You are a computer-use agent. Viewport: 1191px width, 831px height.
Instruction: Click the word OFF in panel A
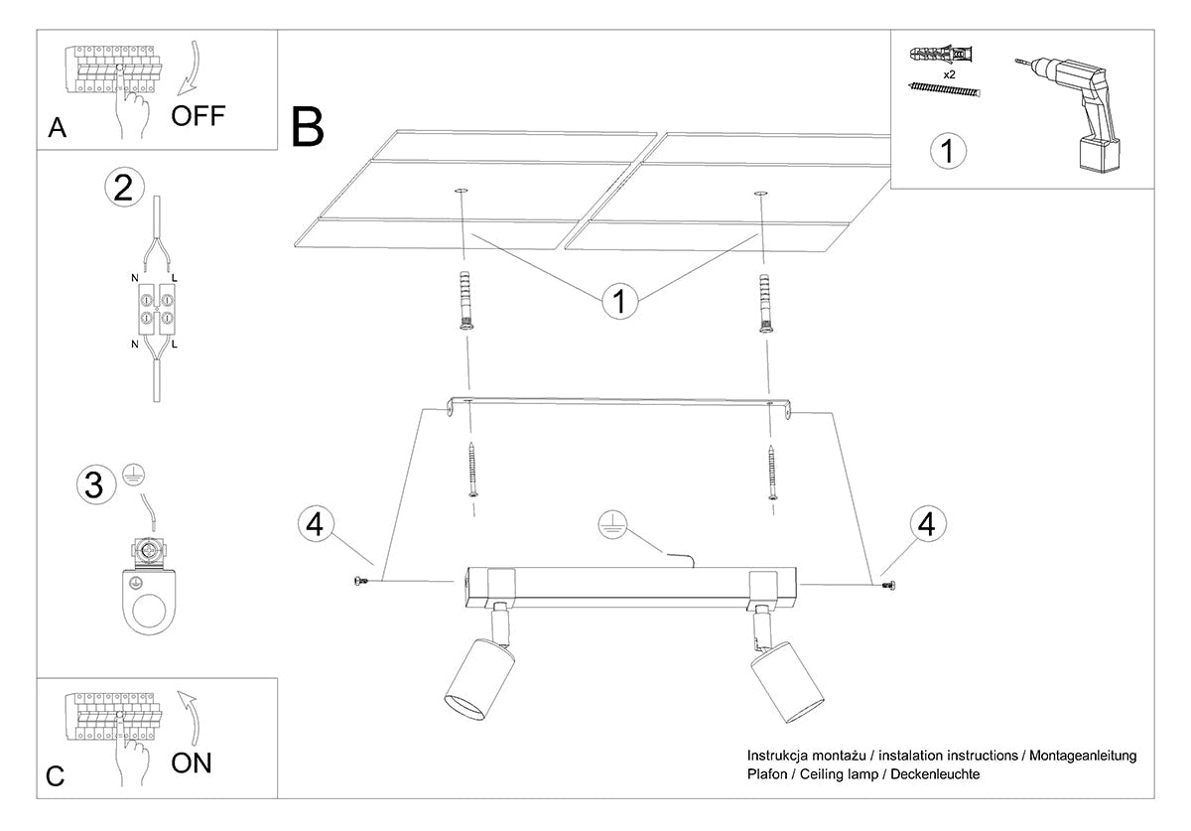[x=198, y=115]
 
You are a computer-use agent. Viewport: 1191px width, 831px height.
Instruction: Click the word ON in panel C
[x=192, y=762]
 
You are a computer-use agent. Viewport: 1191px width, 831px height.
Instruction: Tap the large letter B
[x=308, y=127]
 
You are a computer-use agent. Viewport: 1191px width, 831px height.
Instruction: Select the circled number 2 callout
[x=124, y=188]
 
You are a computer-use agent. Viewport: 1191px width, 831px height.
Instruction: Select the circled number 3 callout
[x=96, y=485]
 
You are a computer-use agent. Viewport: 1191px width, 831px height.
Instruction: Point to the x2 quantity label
[x=949, y=75]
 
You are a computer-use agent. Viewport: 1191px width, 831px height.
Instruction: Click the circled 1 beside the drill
[x=948, y=151]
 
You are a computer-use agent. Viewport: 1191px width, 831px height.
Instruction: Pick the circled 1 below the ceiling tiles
[x=619, y=301]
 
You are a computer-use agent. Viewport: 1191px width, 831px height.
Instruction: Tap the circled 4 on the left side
[x=316, y=524]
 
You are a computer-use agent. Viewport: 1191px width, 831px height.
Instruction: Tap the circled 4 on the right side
[x=928, y=524]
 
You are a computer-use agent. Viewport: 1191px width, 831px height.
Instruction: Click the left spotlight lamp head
[x=479, y=678]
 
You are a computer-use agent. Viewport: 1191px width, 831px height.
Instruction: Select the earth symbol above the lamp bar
[x=612, y=525]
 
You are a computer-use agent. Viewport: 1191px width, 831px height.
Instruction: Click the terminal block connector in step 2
[x=157, y=309]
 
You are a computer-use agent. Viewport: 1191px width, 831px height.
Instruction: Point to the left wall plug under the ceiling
[x=464, y=301]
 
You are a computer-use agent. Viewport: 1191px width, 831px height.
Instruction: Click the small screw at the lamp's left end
[x=360, y=581]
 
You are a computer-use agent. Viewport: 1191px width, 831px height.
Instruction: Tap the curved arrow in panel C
[x=192, y=718]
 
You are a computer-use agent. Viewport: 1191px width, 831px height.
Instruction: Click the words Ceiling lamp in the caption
[x=839, y=774]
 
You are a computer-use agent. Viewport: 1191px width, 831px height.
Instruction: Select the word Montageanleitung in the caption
[x=1083, y=756]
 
